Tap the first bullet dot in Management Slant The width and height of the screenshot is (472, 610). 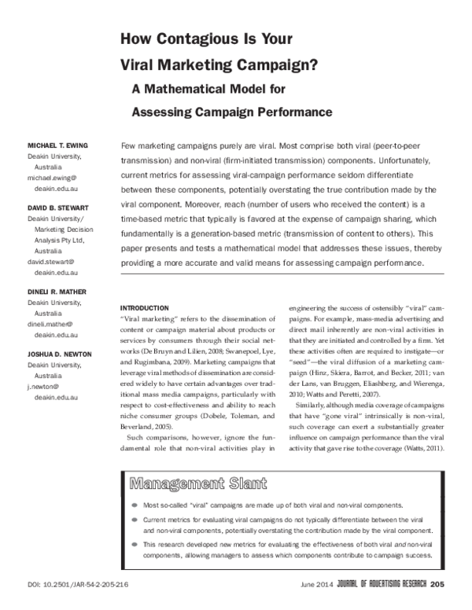[135, 503]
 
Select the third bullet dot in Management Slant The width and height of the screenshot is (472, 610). [135, 544]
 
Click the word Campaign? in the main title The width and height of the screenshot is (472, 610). [271, 64]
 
